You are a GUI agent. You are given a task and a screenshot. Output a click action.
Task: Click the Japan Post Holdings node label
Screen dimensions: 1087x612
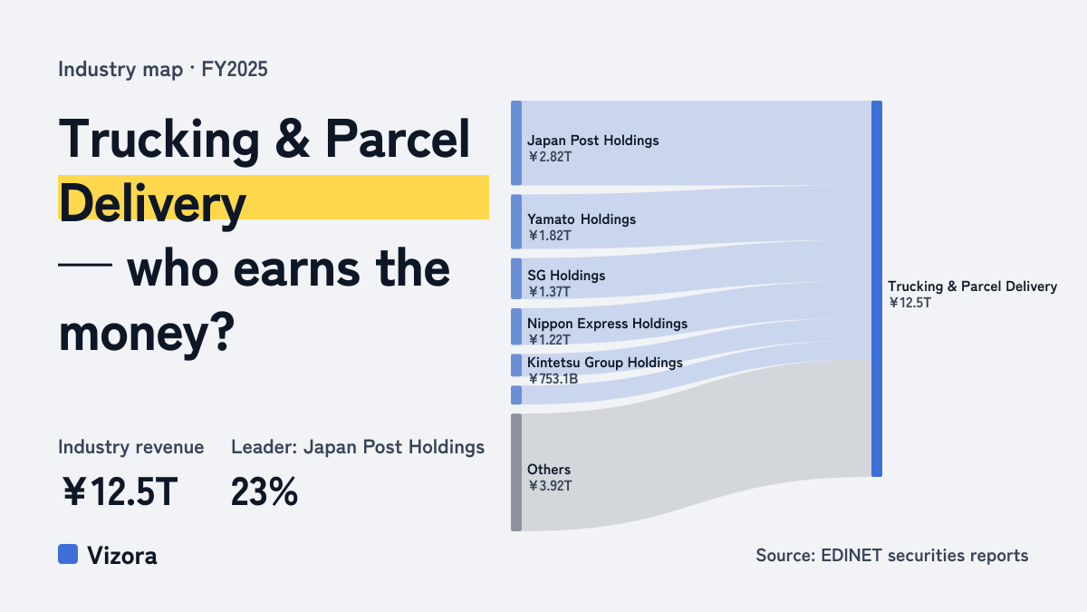point(593,141)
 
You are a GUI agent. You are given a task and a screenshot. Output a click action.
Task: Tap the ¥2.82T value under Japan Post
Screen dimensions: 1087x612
point(550,157)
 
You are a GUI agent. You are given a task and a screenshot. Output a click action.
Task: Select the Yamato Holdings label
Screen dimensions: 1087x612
point(582,219)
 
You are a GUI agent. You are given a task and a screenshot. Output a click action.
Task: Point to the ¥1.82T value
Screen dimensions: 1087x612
point(550,236)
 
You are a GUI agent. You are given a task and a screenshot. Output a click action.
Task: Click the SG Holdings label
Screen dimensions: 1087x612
point(566,276)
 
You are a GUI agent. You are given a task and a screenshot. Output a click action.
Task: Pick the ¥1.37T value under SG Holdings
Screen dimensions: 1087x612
point(549,292)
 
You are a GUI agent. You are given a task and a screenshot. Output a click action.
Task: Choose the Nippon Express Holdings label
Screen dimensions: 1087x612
point(607,324)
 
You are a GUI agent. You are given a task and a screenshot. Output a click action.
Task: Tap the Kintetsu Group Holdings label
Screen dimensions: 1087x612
point(605,363)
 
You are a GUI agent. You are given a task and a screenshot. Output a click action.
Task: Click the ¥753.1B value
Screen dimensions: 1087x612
point(553,379)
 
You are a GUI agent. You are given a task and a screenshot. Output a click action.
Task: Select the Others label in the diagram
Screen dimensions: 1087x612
point(549,470)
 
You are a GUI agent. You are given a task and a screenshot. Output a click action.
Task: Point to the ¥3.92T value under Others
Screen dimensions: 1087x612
point(550,486)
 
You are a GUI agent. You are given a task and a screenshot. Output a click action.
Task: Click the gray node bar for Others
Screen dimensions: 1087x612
point(516,472)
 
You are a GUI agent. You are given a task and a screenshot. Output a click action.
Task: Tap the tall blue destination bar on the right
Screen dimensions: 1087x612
point(877,288)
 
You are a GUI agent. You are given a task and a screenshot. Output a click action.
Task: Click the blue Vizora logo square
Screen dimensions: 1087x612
point(68,554)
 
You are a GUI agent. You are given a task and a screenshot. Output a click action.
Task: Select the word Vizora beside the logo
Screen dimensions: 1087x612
point(122,556)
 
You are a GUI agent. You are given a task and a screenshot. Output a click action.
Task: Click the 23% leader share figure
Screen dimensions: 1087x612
point(265,491)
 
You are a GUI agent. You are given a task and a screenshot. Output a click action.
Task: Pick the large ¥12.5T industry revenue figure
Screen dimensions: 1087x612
point(120,491)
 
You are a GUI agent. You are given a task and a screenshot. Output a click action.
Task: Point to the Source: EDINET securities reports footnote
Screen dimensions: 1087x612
point(892,555)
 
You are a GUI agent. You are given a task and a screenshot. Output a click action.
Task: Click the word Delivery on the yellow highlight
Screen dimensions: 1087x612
point(152,204)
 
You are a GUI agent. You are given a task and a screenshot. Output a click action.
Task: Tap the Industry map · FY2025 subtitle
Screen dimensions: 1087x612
point(162,69)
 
